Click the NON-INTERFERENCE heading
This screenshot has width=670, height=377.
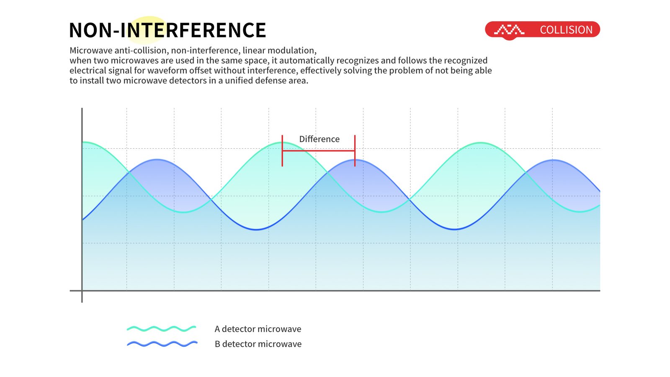[x=167, y=30]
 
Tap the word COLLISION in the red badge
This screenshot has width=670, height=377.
[x=566, y=30]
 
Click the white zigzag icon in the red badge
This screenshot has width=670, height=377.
[x=509, y=30]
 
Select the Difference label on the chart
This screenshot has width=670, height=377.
[x=319, y=139]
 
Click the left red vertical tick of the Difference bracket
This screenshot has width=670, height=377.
[x=282, y=150]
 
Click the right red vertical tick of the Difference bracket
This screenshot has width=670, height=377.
[x=355, y=150]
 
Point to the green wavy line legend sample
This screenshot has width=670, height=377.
[x=162, y=328]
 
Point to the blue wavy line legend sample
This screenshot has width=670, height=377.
[x=162, y=344]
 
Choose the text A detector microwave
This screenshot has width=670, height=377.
[x=258, y=329]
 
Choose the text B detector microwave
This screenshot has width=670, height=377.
[x=258, y=344]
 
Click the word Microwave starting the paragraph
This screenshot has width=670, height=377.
[x=91, y=50]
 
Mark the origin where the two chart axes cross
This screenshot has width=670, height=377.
[x=82, y=291]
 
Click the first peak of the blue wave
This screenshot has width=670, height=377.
[x=157, y=160]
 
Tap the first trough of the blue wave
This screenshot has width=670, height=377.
[x=256, y=230]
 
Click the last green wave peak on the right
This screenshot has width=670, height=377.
[x=481, y=143]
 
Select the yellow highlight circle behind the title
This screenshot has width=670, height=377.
[x=148, y=30]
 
